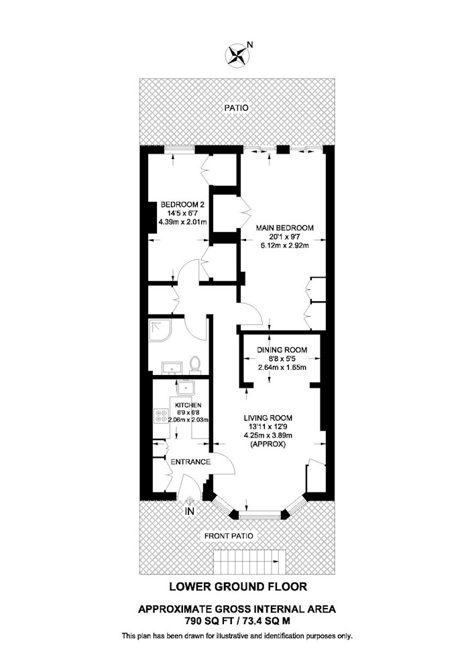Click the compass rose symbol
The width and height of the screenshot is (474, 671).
coord(237,56)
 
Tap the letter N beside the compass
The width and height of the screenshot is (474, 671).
coord(251,44)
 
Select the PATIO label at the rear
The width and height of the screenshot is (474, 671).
coord(237,108)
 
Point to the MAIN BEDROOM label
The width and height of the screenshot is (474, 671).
coord(284,228)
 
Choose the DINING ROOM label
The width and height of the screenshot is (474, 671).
coord(282,350)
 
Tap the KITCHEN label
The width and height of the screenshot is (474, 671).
coord(188,405)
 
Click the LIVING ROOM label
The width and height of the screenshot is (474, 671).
coord(268,418)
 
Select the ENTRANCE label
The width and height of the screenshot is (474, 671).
coord(190,462)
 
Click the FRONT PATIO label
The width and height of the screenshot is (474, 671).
coord(229,535)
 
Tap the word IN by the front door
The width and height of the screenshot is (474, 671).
coord(189,511)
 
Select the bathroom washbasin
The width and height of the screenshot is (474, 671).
coord(172,367)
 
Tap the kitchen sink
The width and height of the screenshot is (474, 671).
coord(187,389)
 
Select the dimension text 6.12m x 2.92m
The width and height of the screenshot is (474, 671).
coord(285,246)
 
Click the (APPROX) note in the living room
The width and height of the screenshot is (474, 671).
coord(268,444)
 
